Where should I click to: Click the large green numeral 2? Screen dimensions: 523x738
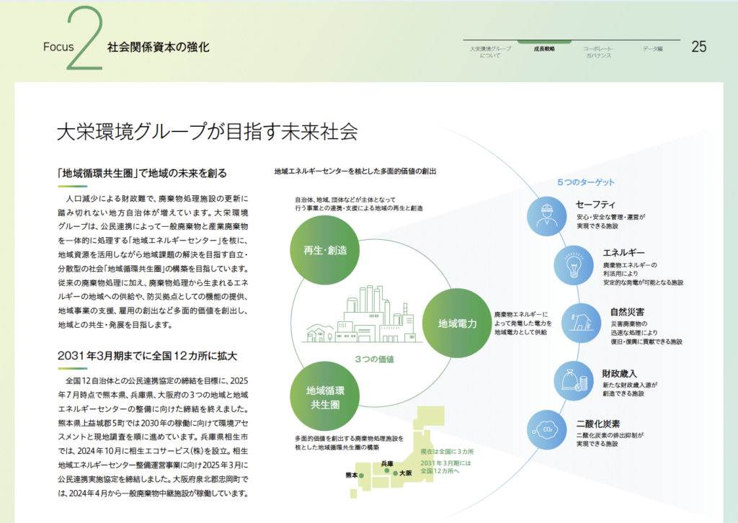pyautogui.click(x=84, y=42)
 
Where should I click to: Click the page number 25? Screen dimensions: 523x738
pyautogui.click(x=698, y=47)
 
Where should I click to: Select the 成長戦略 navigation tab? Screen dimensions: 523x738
pyautogui.click(x=544, y=48)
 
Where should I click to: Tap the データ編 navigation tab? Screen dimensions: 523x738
pyautogui.click(x=652, y=48)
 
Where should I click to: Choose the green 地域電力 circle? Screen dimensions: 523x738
pyautogui.click(x=458, y=323)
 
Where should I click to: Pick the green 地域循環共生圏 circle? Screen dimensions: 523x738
pyautogui.click(x=325, y=398)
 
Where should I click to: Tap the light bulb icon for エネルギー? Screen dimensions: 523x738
pyautogui.click(x=574, y=264)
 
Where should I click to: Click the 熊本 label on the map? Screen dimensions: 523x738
pyautogui.click(x=352, y=475)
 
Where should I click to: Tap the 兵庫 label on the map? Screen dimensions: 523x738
pyautogui.click(x=387, y=463)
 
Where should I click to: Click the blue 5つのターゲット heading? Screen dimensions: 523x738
pyautogui.click(x=586, y=182)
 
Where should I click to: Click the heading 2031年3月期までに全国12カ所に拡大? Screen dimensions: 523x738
pyautogui.click(x=147, y=355)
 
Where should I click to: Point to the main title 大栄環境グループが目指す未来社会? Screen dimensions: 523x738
pyautogui.click(x=207, y=133)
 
